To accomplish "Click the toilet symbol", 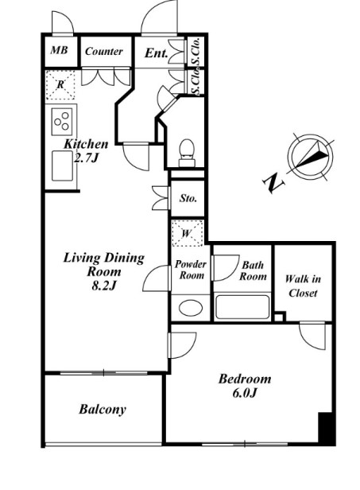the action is [187, 153].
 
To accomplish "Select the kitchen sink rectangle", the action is [62, 165].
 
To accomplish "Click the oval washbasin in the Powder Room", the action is [191, 308].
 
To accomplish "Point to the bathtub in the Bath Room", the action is [242, 306].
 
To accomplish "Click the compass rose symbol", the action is [311, 157].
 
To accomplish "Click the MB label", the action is [59, 50].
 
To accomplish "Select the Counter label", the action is [103, 51].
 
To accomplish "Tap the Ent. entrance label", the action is [156, 53].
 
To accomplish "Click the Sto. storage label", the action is [188, 198].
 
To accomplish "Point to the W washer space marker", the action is [187, 233].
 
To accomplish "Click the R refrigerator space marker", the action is [60, 84].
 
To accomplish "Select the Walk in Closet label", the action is [303, 286].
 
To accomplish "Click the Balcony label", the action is [103, 409].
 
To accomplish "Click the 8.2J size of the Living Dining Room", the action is [104, 286].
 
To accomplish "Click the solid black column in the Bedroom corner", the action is [327, 429].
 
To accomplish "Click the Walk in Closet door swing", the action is [312, 336].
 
